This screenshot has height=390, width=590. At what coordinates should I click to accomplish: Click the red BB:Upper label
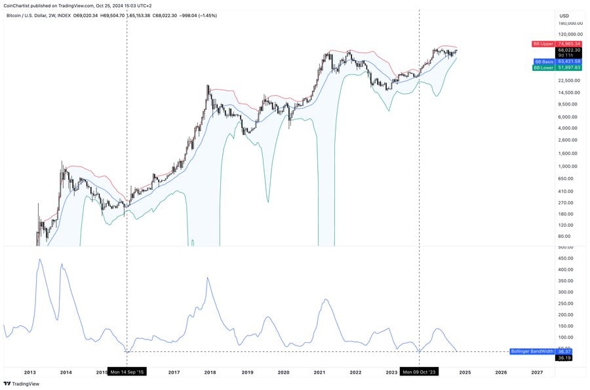[x=543, y=43]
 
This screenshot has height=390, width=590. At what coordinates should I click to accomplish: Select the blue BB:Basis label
[x=543, y=62]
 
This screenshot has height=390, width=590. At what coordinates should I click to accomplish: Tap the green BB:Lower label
[x=543, y=68]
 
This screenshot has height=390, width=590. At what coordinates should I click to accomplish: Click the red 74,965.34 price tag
[x=568, y=43]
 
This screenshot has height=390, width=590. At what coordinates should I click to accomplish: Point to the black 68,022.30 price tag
[x=568, y=50]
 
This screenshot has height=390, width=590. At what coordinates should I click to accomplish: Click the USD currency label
[x=563, y=15]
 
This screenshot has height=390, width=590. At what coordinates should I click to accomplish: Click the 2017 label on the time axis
[x=174, y=372]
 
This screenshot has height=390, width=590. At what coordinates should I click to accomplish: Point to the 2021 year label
[x=319, y=372]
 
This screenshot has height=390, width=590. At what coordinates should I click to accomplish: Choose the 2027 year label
[x=537, y=372]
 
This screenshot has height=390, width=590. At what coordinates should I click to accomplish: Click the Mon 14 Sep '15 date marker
[x=127, y=372]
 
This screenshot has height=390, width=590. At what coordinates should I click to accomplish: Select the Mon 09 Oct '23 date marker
[x=419, y=372]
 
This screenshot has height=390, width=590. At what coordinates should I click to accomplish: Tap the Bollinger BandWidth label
[x=531, y=351]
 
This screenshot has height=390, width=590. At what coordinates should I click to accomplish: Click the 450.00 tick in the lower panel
[x=565, y=258]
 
